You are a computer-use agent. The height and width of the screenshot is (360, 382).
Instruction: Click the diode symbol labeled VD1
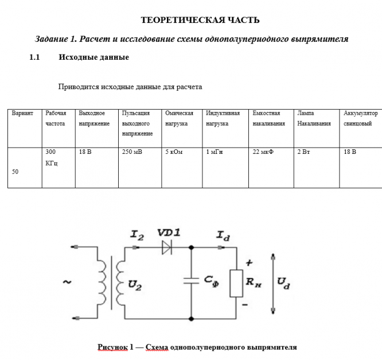click(x=167, y=247)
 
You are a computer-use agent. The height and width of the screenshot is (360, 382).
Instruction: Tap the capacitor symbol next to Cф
click(x=191, y=281)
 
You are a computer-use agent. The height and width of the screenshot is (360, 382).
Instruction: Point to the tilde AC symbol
click(x=67, y=282)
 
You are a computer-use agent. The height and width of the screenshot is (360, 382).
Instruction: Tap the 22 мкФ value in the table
click(x=263, y=153)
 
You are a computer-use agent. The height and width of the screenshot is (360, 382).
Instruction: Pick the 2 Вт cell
click(x=303, y=153)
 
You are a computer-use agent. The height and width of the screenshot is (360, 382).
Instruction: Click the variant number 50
click(x=15, y=171)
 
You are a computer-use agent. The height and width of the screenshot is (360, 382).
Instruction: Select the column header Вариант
click(x=23, y=113)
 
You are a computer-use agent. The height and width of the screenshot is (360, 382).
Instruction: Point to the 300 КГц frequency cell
click(x=51, y=157)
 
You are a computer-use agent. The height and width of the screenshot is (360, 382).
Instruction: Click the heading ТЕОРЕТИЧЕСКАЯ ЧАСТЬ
click(x=200, y=21)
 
